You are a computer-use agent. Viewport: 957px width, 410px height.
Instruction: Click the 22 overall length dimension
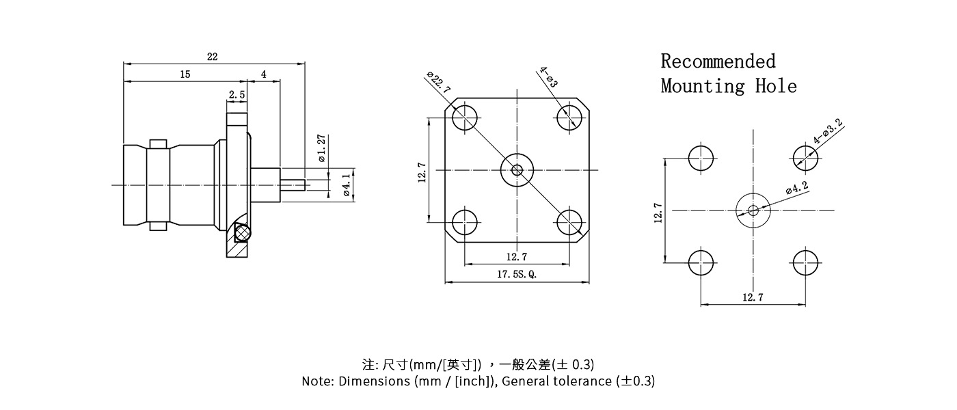tap(213, 57)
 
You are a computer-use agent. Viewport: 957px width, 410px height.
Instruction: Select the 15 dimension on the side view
tap(185, 75)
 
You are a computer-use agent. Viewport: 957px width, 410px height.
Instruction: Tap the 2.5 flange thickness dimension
tap(237, 95)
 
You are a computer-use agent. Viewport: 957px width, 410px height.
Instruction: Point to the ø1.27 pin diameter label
tap(322, 148)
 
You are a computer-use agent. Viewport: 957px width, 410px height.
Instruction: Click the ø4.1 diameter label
tap(347, 185)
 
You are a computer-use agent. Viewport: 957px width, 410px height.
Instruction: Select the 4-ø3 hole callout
tap(548, 77)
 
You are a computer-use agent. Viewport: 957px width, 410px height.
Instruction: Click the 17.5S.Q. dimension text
tap(517, 275)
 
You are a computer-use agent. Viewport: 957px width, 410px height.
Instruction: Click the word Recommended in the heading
tap(718, 61)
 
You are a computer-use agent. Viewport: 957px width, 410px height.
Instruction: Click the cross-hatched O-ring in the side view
tap(242, 234)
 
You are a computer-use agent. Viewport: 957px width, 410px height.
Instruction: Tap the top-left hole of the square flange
tap(465, 118)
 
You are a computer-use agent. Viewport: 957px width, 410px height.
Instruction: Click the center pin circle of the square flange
tap(517, 169)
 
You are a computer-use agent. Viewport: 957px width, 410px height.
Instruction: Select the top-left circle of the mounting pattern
tap(701, 159)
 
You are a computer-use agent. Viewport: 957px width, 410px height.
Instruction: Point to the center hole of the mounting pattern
tap(753, 210)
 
